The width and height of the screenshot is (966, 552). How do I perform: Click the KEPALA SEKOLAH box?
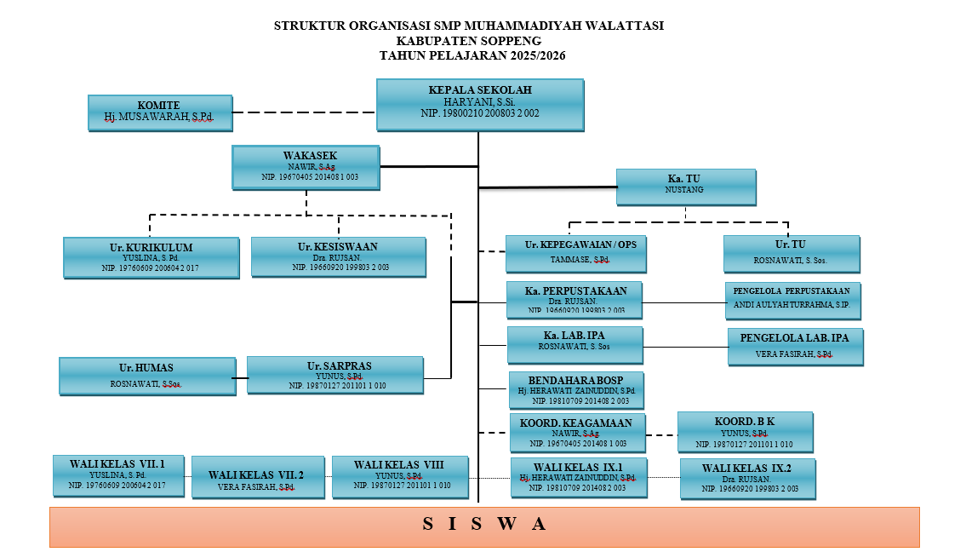pyautogui.click(x=480, y=105)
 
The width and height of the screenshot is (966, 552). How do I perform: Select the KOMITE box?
pyautogui.click(x=160, y=112)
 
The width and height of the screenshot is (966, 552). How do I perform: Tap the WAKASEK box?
pyautogui.click(x=306, y=167)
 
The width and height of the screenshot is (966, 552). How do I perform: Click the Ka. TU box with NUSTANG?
pyautogui.click(x=685, y=187)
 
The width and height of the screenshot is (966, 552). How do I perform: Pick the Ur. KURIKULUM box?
pyautogui.click(x=151, y=257)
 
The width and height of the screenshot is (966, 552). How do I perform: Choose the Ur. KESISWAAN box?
pyautogui.click(x=338, y=256)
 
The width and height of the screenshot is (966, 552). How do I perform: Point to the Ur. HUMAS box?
pyautogui.click(x=146, y=376)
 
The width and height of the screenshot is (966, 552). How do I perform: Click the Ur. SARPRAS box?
pyautogui.click(x=334, y=375)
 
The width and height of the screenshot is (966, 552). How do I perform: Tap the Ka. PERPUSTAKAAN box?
pyautogui.click(x=574, y=298)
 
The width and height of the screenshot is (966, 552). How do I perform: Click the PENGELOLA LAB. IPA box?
pyautogui.click(x=795, y=346)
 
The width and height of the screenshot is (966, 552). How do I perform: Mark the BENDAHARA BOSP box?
pyautogui.click(x=575, y=389)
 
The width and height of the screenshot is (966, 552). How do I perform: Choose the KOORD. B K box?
pyautogui.click(x=745, y=432)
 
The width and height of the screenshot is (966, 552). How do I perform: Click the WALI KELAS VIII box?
pyautogui.click(x=399, y=477)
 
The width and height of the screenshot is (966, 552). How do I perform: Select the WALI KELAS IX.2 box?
pyautogui.click(x=747, y=478)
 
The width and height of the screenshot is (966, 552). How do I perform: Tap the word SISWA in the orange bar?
pyautogui.click(x=484, y=524)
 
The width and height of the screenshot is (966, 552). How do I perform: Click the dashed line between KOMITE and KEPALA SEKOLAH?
pyautogui.click(x=304, y=112)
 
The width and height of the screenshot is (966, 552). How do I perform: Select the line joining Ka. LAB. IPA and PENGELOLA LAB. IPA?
pyautogui.click(x=685, y=346)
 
